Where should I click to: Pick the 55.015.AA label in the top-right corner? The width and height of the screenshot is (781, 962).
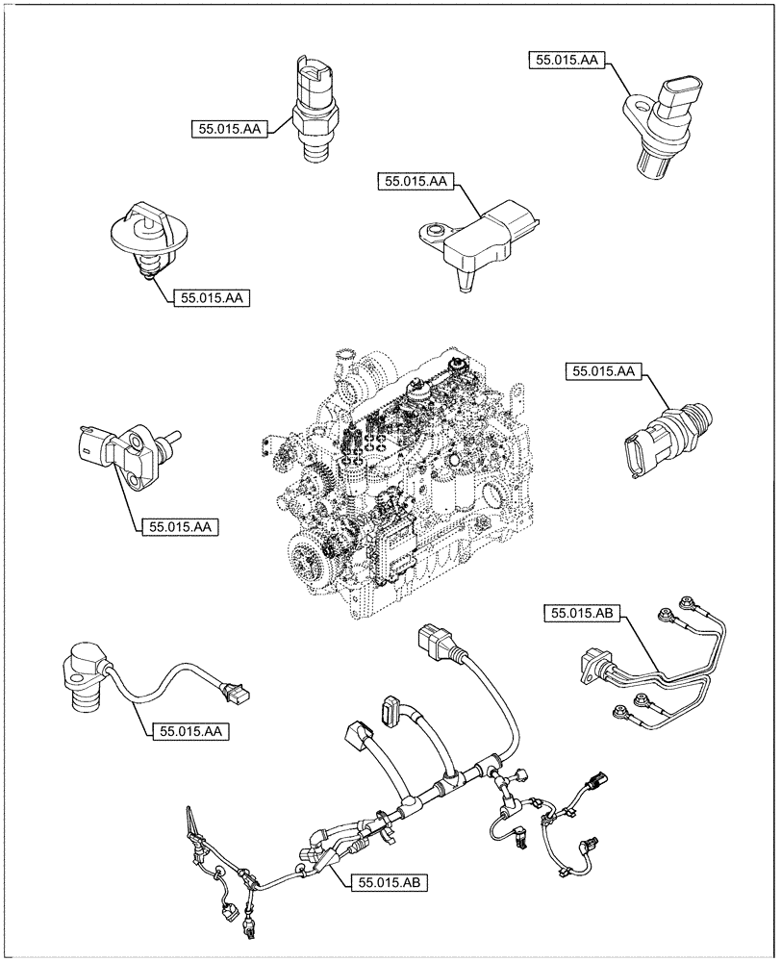click(x=566, y=60)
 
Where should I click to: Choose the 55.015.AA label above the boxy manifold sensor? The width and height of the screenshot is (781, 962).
click(x=416, y=181)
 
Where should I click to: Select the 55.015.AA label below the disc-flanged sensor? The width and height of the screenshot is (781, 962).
click(x=212, y=298)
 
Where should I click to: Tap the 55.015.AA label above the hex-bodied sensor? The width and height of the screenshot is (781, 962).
click(x=605, y=370)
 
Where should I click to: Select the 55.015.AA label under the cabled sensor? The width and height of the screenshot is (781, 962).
click(x=188, y=731)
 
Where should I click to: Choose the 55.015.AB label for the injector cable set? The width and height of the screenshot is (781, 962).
click(x=584, y=611)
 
